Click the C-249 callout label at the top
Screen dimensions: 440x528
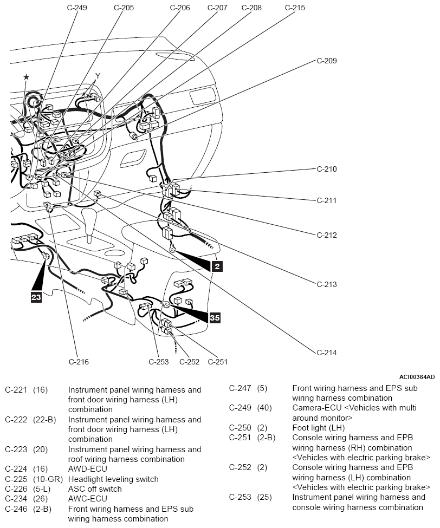coord(77,8)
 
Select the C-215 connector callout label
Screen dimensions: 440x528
coord(295,8)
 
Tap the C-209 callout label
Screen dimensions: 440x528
coord(327,61)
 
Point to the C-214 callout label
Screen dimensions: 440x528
coord(327,353)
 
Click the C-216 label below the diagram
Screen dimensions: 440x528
coord(79,362)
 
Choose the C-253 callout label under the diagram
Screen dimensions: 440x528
coord(159,362)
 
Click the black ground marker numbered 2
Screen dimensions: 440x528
coord(217,266)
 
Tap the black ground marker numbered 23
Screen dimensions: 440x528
coord(36,297)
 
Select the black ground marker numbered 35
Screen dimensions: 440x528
coord(215,317)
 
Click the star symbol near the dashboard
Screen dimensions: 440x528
coord(26,77)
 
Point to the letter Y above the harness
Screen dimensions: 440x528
coord(98,76)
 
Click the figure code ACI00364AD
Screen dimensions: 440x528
coord(417,377)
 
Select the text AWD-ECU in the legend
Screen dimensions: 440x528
coord(88,469)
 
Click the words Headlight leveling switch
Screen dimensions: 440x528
coord(113,479)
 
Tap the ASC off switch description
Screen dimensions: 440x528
coord(95,489)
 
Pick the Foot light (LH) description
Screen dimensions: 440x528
coord(319,428)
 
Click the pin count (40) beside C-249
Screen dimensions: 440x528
coord(264,408)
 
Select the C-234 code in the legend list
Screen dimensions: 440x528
coord(16,499)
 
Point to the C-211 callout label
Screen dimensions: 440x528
coord(327,200)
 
